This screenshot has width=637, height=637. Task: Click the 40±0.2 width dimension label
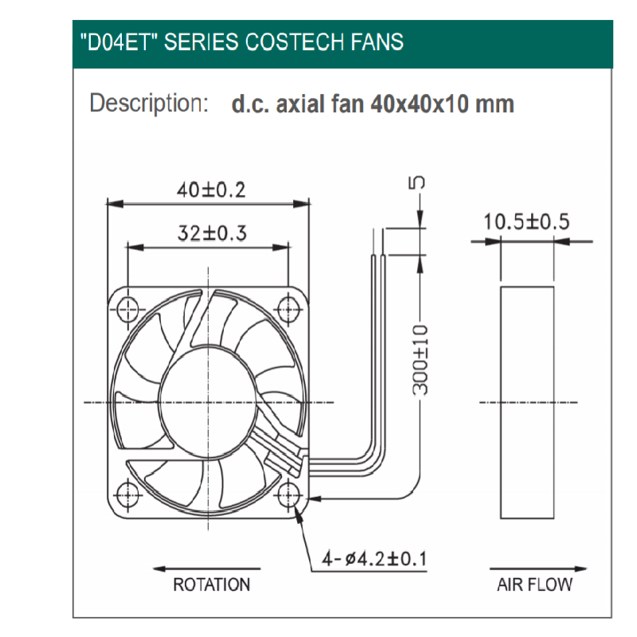(211, 190)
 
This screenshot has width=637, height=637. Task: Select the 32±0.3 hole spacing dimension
(212, 233)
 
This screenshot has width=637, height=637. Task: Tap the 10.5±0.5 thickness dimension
(526, 222)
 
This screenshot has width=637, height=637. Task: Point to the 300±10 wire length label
(420, 360)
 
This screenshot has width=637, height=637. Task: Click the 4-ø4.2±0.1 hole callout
(374, 559)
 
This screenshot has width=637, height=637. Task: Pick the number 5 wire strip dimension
(417, 182)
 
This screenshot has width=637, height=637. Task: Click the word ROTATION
(212, 584)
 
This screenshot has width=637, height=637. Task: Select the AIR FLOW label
(534, 584)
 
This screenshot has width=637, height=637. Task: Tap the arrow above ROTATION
(207, 569)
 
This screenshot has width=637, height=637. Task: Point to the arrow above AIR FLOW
(539, 569)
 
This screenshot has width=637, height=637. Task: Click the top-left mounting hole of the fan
(127, 311)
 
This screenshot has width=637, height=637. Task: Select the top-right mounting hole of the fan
(289, 311)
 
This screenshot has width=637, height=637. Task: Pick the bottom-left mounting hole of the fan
(127, 495)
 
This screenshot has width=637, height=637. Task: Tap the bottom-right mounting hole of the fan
(289, 495)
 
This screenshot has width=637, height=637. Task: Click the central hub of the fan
(209, 403)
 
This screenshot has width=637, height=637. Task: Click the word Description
(149, 104)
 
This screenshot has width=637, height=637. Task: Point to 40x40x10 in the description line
(420, 104)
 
